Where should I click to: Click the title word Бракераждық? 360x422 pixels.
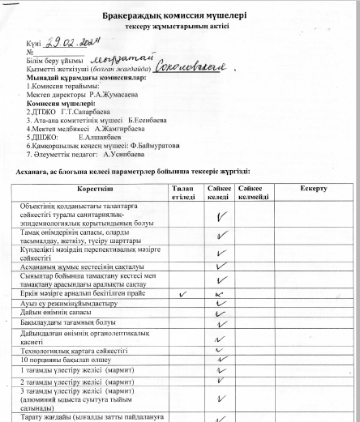133,15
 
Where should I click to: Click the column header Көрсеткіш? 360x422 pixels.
94,188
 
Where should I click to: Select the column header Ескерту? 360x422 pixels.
314,188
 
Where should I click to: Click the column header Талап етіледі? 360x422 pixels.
182,192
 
